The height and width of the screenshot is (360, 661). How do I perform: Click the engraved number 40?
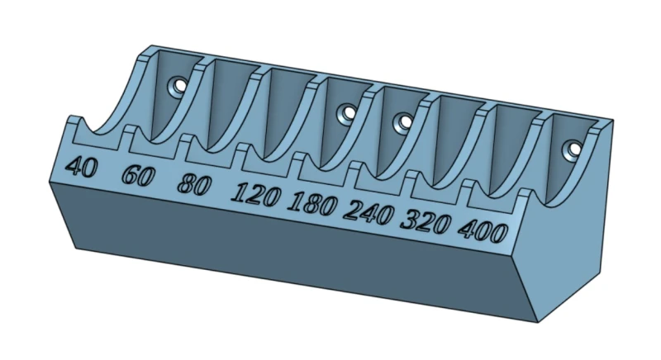point(81,167)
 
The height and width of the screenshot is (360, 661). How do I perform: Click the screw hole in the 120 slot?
point(347,113)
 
